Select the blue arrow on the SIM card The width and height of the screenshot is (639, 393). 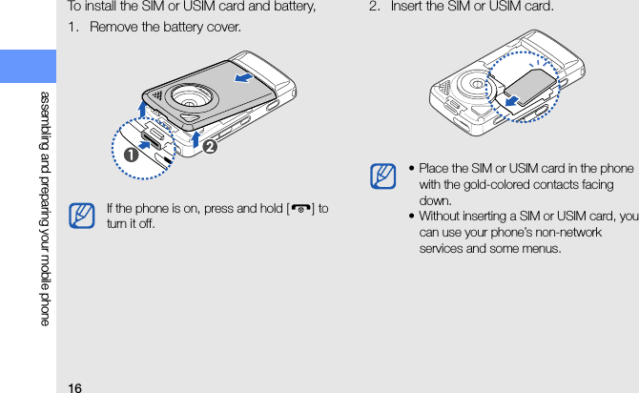coord(517,97)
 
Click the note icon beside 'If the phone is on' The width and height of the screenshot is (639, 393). coord(82,215)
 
